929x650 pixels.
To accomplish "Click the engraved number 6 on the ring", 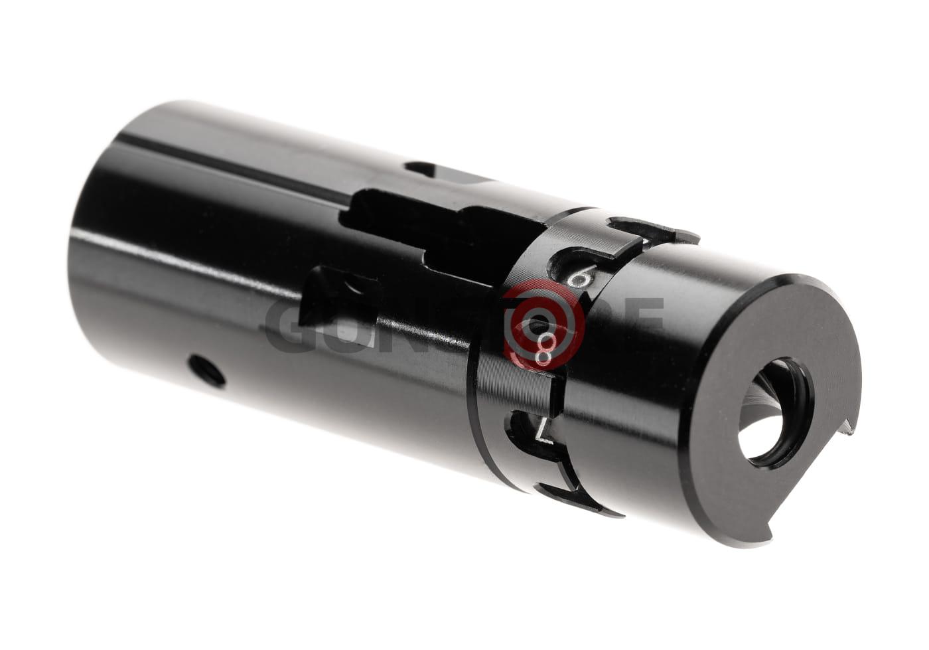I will point(579,276).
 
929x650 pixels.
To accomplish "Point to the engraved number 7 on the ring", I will point(545,430).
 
